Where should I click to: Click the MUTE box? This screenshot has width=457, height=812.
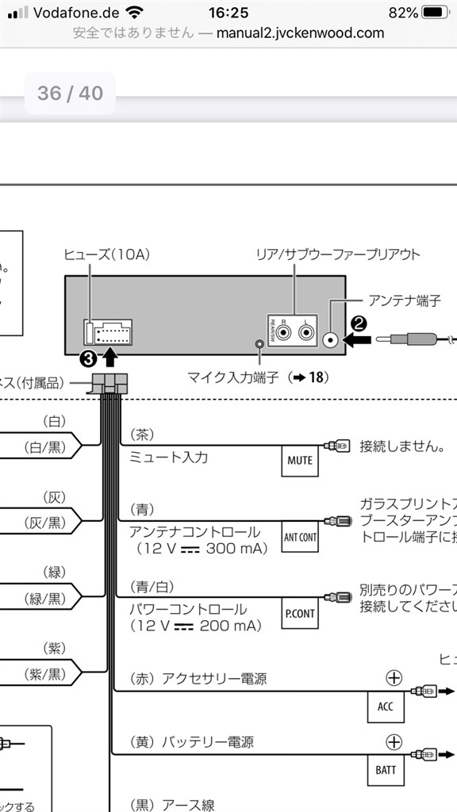(x=300, y=461)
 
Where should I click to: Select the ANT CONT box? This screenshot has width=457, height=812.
(x=300, y=537)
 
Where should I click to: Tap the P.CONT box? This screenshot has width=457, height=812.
(x=300, y=614)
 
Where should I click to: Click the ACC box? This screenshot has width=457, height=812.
(x=386, y=707)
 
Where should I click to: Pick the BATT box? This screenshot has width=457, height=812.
(x=386, y=770)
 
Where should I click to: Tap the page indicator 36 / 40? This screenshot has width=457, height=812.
(x=70, y=93)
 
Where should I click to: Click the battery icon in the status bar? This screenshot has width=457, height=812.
(x=435, y=13)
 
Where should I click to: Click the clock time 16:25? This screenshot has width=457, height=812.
(x=228, y=13)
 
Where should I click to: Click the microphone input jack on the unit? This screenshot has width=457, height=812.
(x=259, y=345)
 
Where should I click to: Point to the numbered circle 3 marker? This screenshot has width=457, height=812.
(x=89, y=358)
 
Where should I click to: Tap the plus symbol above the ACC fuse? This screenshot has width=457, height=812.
(x=394, y=678)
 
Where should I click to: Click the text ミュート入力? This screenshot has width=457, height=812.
(x=168, y=458)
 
